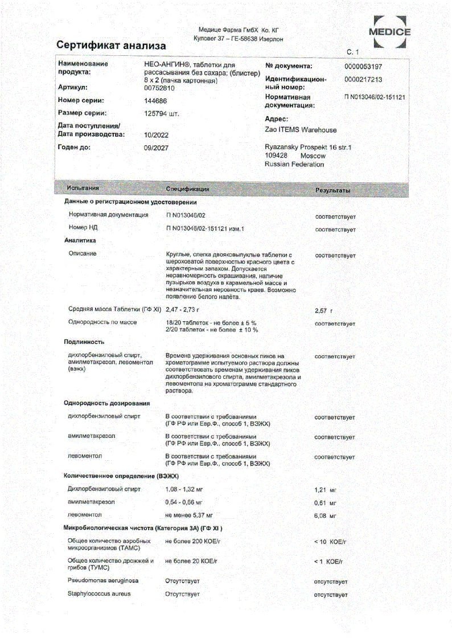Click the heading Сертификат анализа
click(112, 45)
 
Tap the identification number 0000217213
click(364, 80)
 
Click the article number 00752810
click(159, 88)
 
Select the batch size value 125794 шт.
click(162, 113)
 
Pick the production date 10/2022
click(156, 135)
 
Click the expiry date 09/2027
click(156, 148)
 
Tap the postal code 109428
click(276, 155)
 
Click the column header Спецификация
click(187, 189)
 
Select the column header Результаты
click(332, 190)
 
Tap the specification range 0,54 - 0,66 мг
click(184, 502)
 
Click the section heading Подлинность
click(83, 342)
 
